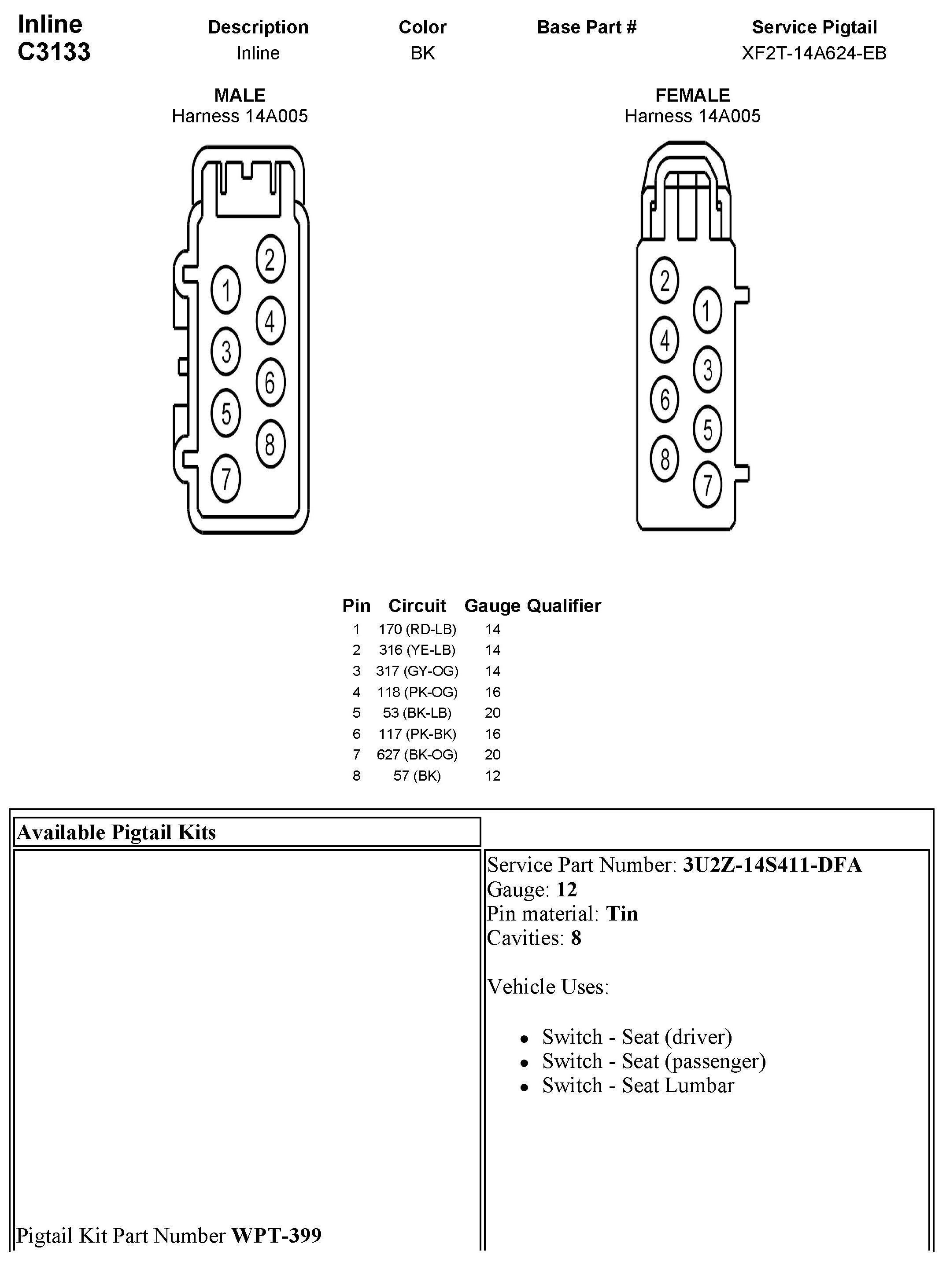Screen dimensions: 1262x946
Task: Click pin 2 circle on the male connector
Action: [x=270, y=260]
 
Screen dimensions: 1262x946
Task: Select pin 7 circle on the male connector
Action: [x=226, y=478]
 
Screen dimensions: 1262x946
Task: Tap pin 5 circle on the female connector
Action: [x=707, y=429]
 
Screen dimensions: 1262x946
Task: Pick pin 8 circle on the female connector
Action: [x=665, y=459]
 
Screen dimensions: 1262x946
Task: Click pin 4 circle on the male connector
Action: [x=270, y=321]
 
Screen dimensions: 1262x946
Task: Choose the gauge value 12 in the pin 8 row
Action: [x=492, y=775]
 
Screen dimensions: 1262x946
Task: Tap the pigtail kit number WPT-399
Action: [x=276, y=1235]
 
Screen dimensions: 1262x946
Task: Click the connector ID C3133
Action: [x=54, y=52]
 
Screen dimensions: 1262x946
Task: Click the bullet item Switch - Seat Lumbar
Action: [x=638, y=1085]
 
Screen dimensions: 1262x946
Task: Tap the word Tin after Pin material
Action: [x=622, y=913]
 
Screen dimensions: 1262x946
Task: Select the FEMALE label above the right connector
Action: [x=692, y=95]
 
